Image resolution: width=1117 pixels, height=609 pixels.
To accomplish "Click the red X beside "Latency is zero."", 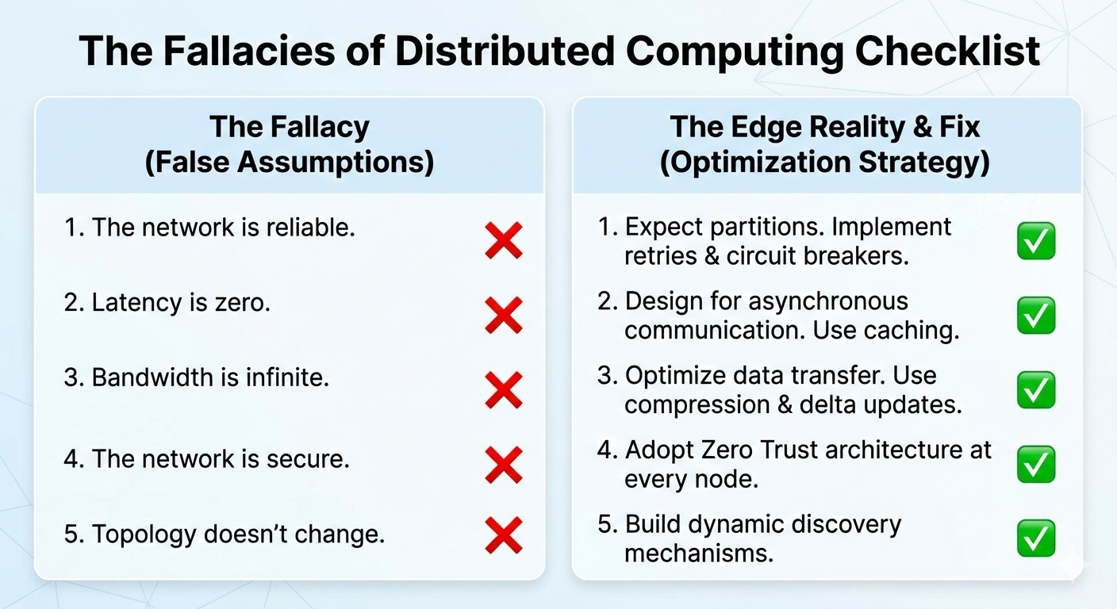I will coord(503,316).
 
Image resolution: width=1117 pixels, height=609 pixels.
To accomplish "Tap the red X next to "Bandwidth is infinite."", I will coord(503,390).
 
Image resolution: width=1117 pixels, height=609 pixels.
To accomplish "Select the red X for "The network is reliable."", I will coord(503,241).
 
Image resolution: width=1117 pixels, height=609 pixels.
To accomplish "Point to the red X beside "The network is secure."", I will coord(503,465).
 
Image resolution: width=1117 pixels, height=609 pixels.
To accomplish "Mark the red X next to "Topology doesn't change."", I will coord(503,535).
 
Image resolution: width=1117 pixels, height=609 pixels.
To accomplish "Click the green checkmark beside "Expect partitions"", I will coord(1036,242).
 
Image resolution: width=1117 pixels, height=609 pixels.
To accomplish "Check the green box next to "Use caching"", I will coord(1036,316).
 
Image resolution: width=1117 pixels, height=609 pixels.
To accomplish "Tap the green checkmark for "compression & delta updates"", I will coord(1036,390).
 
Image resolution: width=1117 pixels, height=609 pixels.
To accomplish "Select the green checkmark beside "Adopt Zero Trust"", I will coord(1036,465).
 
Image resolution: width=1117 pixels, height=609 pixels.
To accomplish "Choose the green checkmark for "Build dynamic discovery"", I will coord(1036,538).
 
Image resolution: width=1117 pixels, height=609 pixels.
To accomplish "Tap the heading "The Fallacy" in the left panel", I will coord(289,127).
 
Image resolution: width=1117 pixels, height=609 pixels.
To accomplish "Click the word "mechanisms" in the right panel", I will coord(698,553).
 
